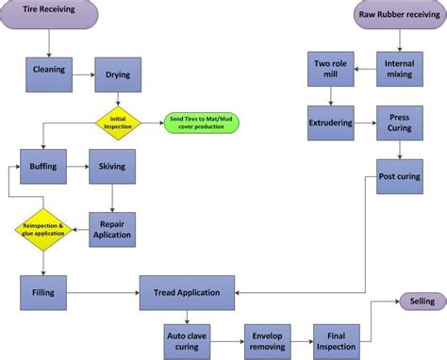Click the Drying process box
point(117,73)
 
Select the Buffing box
point(43,166)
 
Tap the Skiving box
point(112,166)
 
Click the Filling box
point(43,292)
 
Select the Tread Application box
point(186,292)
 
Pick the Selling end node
point(416,301)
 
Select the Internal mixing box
point(400,71)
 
